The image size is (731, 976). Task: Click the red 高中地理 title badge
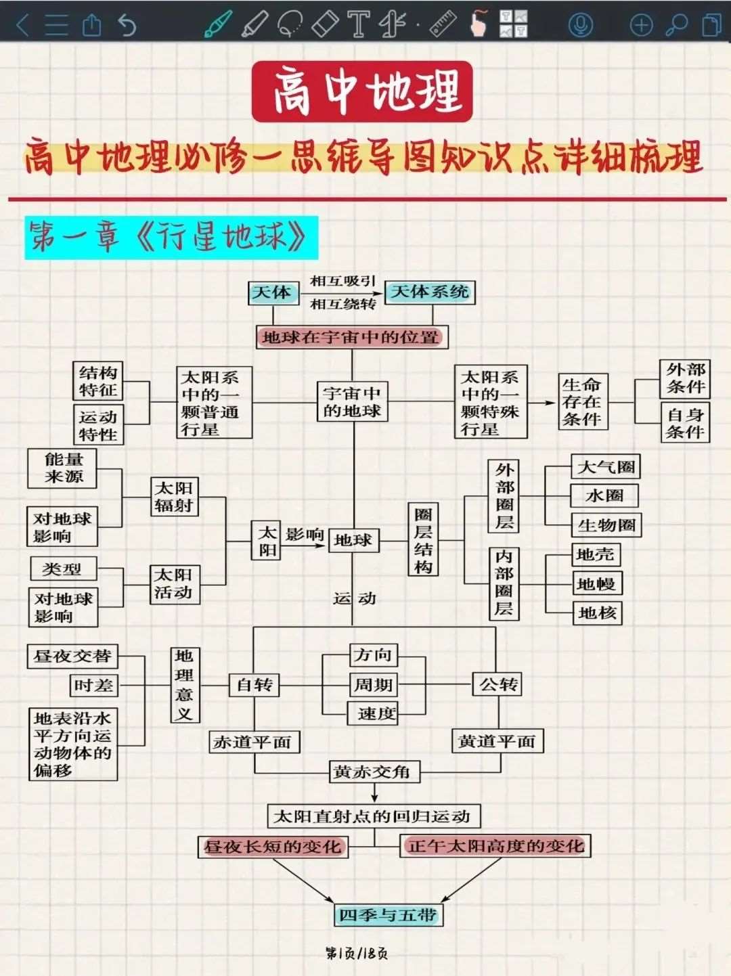point(362,91)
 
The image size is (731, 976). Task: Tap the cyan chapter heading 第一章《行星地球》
point(171,238)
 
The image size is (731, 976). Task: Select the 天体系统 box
point(430,292)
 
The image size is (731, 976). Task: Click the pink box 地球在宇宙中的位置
point(352,337)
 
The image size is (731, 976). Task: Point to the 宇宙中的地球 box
point(353,401)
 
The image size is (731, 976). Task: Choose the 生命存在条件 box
point(582,401)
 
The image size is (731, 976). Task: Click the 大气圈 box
point(606,467)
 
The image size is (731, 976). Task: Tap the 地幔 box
point(596,583)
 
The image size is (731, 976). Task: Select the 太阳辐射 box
point(174,497)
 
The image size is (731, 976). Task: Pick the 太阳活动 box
point(174,583)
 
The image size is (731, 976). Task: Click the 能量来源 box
point(64,468)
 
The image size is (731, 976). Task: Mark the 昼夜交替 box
point(72,656)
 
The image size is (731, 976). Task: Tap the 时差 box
point(94,686)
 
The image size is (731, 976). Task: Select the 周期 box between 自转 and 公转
point(373,685)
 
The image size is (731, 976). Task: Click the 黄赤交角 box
point(373,772)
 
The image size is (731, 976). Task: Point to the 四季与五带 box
point(389,915)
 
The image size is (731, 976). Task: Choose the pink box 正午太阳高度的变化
point(495,846)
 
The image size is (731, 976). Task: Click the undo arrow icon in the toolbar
point(127,25)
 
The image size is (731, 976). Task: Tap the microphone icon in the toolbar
point(580,25)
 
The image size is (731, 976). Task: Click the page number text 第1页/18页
point(357,954)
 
